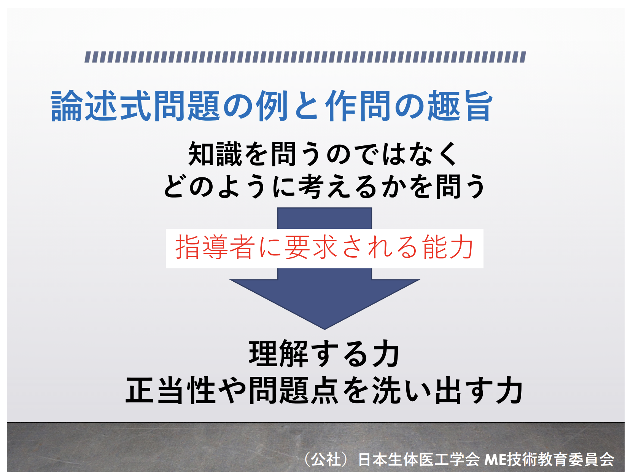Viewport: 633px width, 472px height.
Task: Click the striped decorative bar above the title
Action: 305,57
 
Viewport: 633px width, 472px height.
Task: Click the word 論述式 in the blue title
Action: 101,105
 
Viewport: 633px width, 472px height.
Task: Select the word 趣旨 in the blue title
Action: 460,105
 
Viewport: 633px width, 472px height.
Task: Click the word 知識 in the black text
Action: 215,154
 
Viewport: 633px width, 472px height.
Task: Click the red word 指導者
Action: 215,247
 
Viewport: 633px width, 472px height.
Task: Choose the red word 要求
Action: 311,247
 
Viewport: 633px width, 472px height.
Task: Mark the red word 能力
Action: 448,247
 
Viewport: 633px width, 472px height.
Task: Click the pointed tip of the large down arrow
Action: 324,329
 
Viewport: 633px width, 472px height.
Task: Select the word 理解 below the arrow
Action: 278,354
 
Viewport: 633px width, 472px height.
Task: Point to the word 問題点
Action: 294,391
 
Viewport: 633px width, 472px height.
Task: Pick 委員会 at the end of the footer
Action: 591,459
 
